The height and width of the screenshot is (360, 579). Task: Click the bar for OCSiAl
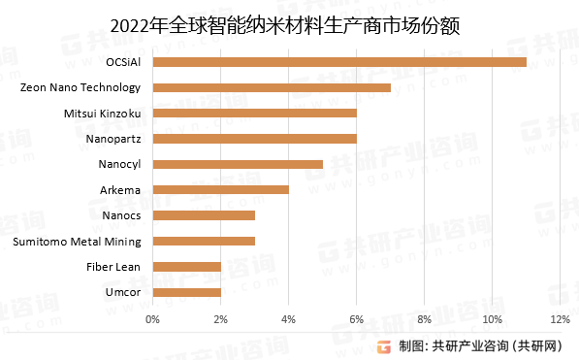tap(339, 62)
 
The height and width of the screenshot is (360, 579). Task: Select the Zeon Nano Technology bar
tap(272, 87)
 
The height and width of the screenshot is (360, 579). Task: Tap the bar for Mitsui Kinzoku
tap(254, 114)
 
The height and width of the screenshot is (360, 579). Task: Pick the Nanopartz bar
tap(254, 139)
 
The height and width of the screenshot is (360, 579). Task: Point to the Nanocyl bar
tap(238, 164)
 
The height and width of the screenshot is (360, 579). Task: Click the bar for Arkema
tap(220, 189)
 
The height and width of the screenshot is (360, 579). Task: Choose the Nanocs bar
tap(204, 215)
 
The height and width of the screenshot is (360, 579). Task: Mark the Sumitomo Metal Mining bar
tap(204, 241)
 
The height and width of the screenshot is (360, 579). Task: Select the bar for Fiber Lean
tap(186, 266)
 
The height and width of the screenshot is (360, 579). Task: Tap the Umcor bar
tap(186, 291)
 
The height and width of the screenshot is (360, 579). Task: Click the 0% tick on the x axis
tap(152, 318)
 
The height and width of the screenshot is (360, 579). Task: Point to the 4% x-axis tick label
tap(288, 318)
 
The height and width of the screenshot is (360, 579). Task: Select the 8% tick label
tap(424, 318)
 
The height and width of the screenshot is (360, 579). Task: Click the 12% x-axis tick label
tap(560, 318)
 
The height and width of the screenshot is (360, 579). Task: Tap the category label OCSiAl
tap(121, 62)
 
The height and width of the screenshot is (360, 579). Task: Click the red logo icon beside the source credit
tap(385, 344)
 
